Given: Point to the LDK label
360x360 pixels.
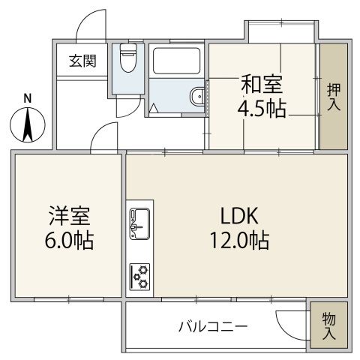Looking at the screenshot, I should [239, 216].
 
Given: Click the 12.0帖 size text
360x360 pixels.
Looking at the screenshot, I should [239, 241].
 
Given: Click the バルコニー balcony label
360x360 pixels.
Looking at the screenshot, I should [213, 327].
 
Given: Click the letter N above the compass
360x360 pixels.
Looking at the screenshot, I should [27, 97].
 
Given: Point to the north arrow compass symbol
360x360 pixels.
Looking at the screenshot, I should [27, 125].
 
